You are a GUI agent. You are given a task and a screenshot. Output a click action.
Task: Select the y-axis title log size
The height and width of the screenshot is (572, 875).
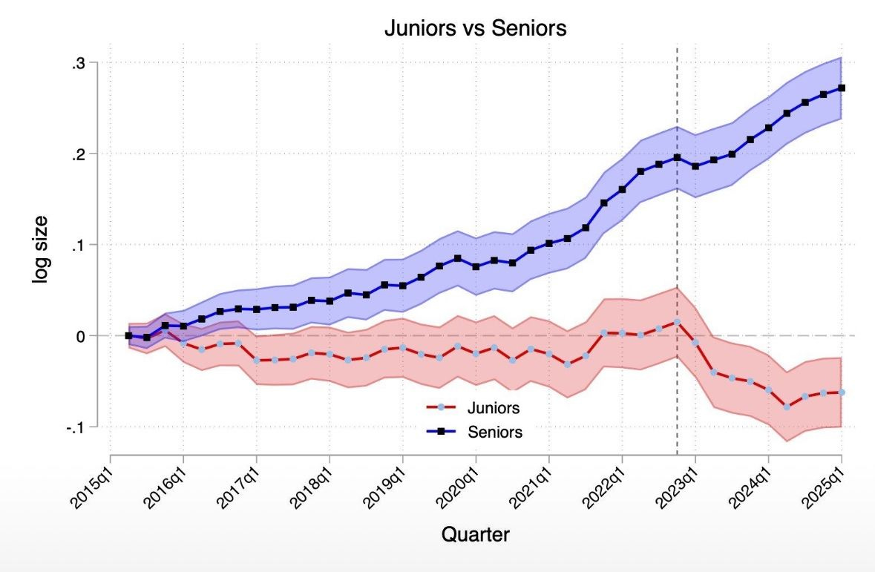(x=39, y=249)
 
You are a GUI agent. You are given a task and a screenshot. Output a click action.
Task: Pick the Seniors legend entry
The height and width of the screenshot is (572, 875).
(x=494, y=432)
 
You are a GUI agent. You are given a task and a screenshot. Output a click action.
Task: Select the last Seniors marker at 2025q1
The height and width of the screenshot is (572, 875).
(x=842, y=88)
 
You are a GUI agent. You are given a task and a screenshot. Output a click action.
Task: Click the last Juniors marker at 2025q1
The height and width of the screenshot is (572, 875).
(x=842, y=392)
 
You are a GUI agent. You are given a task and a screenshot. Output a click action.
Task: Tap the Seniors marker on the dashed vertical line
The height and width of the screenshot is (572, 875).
(x=677, y=157)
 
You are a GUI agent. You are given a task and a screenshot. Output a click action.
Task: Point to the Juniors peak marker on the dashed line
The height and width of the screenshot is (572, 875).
(x=677, y=322)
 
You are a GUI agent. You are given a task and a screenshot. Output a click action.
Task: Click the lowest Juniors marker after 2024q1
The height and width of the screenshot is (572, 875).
(x=787, y=407)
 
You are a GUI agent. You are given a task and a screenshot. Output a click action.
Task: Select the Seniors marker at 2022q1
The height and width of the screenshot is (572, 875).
(x=622, y=189)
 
